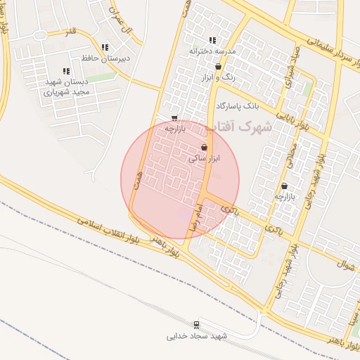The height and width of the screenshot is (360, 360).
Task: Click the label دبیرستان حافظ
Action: click(105, 58)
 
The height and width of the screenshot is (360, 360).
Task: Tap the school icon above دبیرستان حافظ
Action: click(105, 47)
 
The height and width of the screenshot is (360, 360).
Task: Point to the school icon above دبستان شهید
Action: click(65, 71)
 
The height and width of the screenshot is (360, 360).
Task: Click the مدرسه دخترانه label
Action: click(212, 51)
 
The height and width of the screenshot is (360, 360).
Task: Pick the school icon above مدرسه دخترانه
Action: click(212, 41)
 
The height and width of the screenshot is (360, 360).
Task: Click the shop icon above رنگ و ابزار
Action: click(218, 67)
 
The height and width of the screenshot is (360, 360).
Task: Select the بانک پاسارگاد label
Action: click(238, 105)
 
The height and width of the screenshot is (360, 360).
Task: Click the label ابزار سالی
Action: click(205, 159)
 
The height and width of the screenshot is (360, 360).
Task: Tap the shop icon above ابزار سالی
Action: click(204, 148)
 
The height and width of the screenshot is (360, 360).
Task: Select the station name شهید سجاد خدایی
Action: click(198, 336)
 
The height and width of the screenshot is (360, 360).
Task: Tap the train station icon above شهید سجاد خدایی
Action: click(197, 325)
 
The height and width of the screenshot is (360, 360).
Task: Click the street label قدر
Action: click(70, 32)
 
